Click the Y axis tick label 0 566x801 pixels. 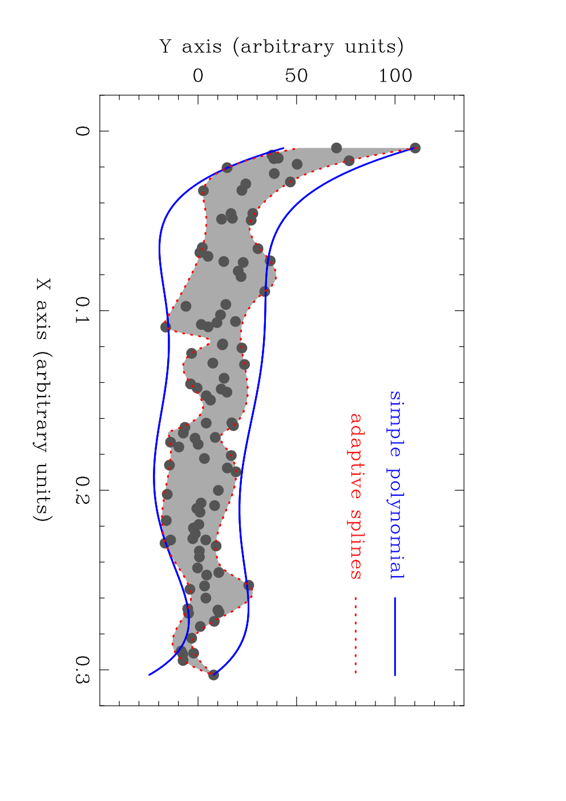[198, 76]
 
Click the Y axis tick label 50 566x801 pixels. [296, 76]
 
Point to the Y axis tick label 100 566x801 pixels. [395, 76]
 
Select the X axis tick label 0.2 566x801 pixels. [82, 489]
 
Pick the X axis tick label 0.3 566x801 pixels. [82, 669]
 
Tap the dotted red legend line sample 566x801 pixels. [355, 636]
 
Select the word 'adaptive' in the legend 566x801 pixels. [355, 456]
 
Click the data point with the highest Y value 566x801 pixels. [415, 148]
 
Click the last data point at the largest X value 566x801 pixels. [213, 675]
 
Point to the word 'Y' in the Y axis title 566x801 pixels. [165, 46]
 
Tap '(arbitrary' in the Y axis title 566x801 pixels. [284, 47]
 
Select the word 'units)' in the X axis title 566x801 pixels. [43, 492]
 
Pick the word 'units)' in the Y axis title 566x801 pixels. [374, 46]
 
